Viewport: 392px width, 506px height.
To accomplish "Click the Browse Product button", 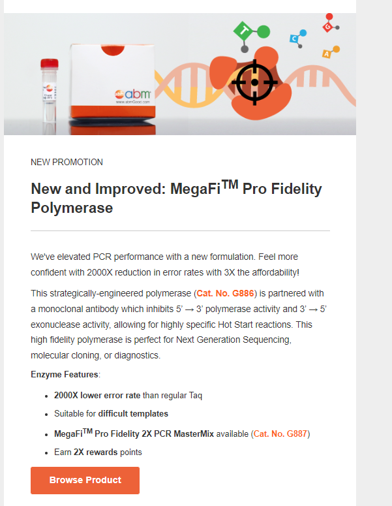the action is pyautogui.click(x=85, y=480).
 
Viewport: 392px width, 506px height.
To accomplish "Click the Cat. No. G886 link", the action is pyautogui.click(x=225, y=293).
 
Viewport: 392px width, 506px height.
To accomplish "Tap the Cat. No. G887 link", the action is pyautogui.click(x=280, y=434).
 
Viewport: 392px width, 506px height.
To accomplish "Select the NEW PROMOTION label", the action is pyautogui.click(x=67, y=162).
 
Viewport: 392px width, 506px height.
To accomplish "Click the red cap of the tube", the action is pyautogui.click(x=50, y=64).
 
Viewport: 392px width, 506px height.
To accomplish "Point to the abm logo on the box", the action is pyautogui.click(x=133, y=94).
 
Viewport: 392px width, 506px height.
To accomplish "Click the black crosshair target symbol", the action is pyautogui.click(x=254, y=82).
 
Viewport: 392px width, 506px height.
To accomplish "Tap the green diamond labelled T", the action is pyautogui.click(x=244, y=31).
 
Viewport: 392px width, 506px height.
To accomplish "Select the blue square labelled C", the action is pyautogui.click(x=294, y=39).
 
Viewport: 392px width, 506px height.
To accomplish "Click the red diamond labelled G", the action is pyautogui.click(x=327, y=27).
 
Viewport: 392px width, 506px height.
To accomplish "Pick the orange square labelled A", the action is pyautogui.click(x=326, y=54).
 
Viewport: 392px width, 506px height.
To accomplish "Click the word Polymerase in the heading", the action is pyautogui.click(x=72, y=208).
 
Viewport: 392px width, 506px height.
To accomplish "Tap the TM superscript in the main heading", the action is pyautogui.click(x=230, y=184).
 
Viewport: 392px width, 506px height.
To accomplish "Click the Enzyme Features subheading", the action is pyautogui.click(x=65, y=374).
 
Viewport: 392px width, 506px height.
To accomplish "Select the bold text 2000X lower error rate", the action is pyautogui.click(x=97, y=395).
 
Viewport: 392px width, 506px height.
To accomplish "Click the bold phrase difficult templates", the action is pyautogui.click(x=133, y=414).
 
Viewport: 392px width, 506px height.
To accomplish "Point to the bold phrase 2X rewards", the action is pyautogui.click(x=95, y=452).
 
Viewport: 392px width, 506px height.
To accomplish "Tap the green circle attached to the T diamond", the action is pyautogui.click(x=264, y=31).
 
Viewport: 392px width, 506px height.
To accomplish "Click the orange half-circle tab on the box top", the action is pyautogui.click(x=112, y=50).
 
